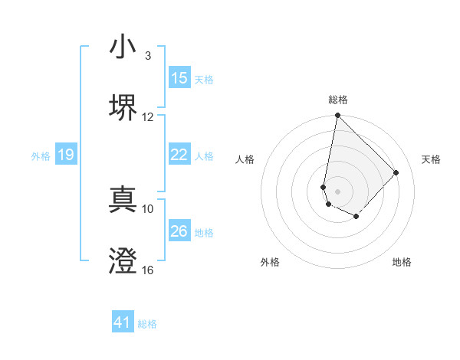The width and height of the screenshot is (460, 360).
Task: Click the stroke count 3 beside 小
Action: click(x=148, y=56)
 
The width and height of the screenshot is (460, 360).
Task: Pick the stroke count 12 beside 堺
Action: click(x=148, y=116)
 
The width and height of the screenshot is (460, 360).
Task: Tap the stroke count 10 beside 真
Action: click(x=148, y=208)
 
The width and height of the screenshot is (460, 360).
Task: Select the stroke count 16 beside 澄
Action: click(x=148, y=270)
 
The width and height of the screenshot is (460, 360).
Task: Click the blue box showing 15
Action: click(x=179, y=78)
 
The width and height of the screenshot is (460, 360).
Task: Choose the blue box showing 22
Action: click(x=179, y=155)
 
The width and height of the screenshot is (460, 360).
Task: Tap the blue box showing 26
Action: click(x=179, y=231)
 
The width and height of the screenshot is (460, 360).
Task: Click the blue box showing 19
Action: click(x=66, y=155)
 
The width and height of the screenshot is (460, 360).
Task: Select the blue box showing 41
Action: click(x=123, y=322)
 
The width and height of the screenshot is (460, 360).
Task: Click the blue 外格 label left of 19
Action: click(x=41, y=155)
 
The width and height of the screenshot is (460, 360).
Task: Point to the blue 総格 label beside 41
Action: click(x=147, y=324)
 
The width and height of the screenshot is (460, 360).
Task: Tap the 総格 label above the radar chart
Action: click(x=338, y=100)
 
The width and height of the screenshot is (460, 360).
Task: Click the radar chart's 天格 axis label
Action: click(x=431, y=159)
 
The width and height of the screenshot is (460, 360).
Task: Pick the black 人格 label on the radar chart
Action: click(x=245, y=159)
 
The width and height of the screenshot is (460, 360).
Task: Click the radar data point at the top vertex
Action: click(x=337, y=116)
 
